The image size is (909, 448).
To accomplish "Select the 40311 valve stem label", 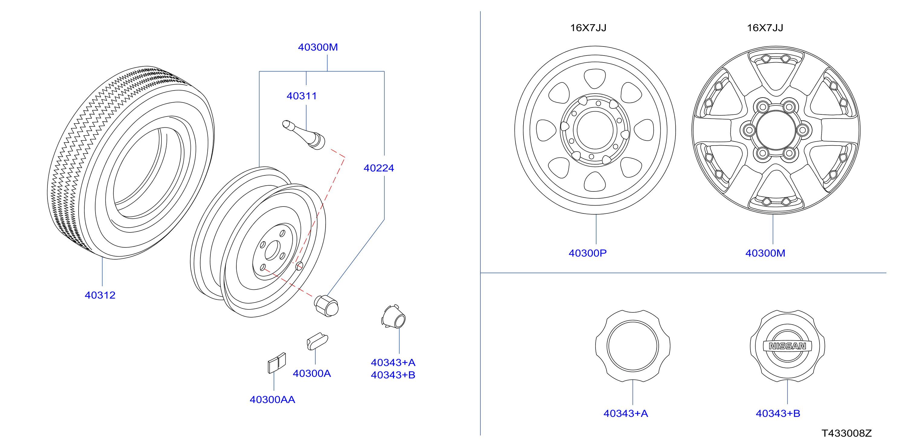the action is (x=302, y=96).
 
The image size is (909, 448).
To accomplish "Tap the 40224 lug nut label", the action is (x=379, y=168).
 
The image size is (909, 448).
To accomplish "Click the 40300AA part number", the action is (x=272, y=399).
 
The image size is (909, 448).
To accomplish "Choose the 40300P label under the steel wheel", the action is (x=588, y=253).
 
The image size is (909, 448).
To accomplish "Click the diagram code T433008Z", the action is (x=846, y=433).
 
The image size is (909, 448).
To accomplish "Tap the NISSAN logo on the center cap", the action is (x=787, y=346).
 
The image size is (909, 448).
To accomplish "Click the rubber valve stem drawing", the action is (x=304, y=135).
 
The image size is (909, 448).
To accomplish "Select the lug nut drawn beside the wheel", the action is (x=326, y=306).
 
